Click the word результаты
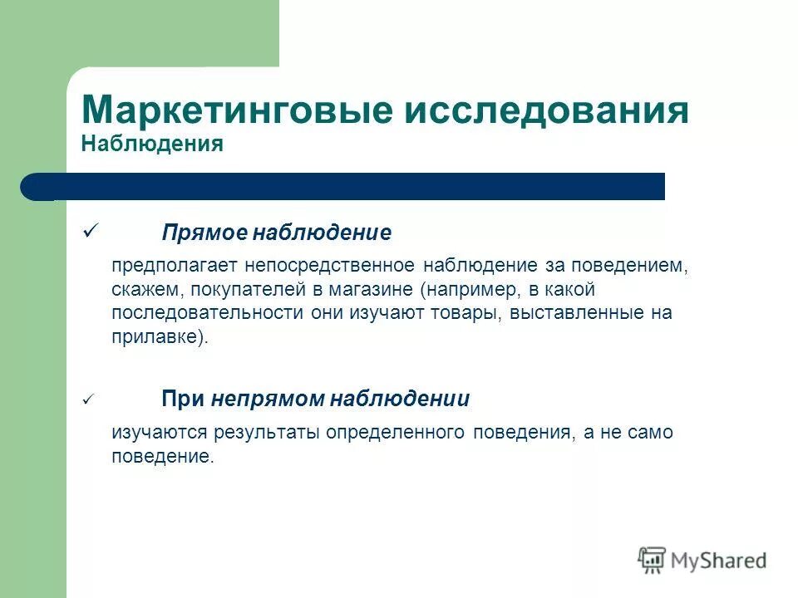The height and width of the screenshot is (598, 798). [267, 433]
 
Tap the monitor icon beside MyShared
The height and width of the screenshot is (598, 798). [653, 560]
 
